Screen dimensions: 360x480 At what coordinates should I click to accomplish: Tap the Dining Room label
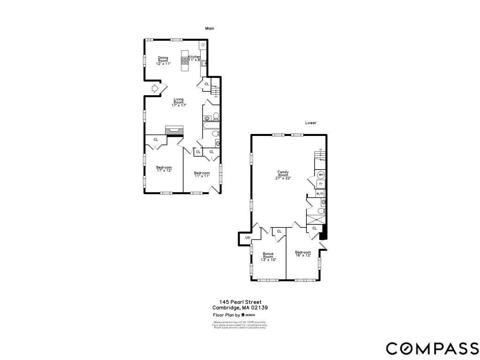[x=163, y=60]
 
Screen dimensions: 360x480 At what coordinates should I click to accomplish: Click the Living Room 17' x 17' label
[x=179, y=102]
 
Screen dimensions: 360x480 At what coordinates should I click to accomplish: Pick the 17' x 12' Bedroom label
[x=164, y=169]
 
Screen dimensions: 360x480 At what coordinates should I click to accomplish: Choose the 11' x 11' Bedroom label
[x=202, y=174]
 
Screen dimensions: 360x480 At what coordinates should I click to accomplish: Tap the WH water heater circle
[x=321, y=175]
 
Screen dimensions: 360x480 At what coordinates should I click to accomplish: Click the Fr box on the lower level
[x=321, y=184]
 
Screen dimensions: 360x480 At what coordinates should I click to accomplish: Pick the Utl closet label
[x=248, y=239]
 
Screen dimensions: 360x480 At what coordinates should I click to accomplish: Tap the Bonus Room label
[x=268, y=257]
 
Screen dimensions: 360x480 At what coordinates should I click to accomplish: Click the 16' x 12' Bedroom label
[x=303, y=254]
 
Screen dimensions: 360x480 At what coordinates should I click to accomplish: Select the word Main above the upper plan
[x=210, y=29]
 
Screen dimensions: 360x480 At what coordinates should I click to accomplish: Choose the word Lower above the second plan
[x=311, y=123]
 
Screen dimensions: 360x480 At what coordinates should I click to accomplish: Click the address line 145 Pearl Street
[x=240, y=302]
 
